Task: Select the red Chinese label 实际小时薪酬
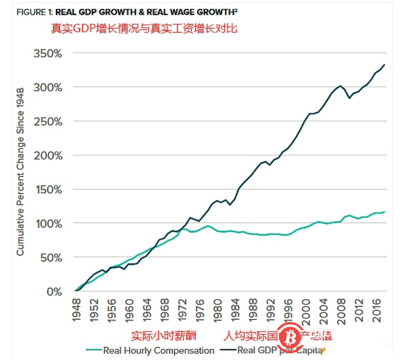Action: pyautogui.click(x=161, y=336)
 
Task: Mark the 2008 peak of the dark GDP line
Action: pyautogui.click(x=340, y=86)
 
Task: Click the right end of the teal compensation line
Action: pyautogui.click(x=385, y=212)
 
